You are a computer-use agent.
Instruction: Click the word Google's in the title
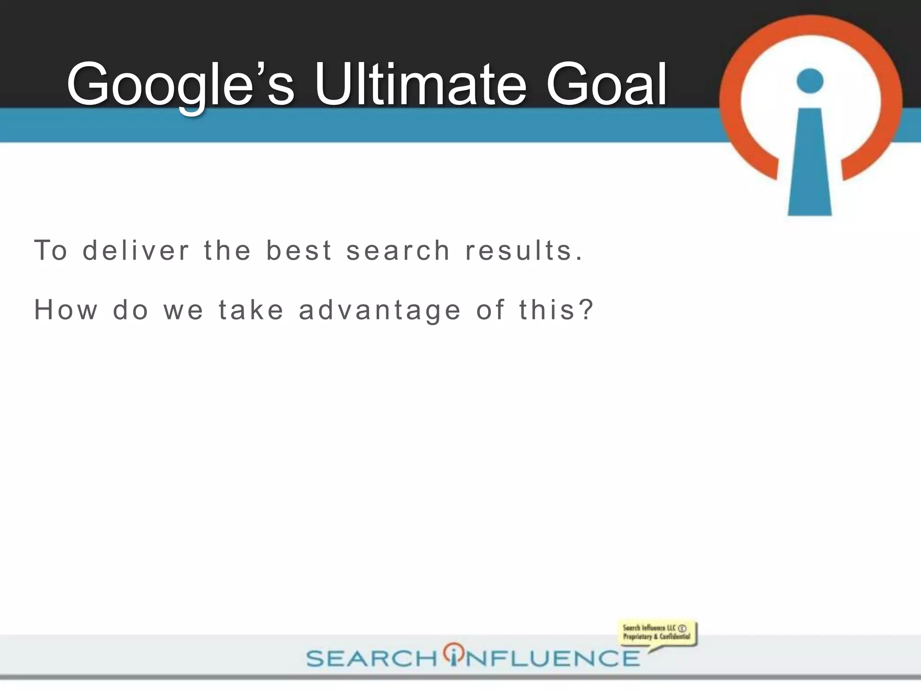pos(180,85)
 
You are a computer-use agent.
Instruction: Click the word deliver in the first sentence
pos(136,251)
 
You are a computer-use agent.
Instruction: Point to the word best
pos(299,251)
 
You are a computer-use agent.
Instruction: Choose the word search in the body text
pos(398,251)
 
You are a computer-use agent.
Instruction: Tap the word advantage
pos(380,311)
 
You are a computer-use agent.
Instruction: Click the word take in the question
pos(251,310)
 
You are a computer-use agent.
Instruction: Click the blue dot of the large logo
pos(809,81)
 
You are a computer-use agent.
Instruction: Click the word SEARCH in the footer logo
pos(371,659)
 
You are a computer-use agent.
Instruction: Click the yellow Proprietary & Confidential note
pos(656,632)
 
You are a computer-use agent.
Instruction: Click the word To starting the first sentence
pos(50,251)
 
